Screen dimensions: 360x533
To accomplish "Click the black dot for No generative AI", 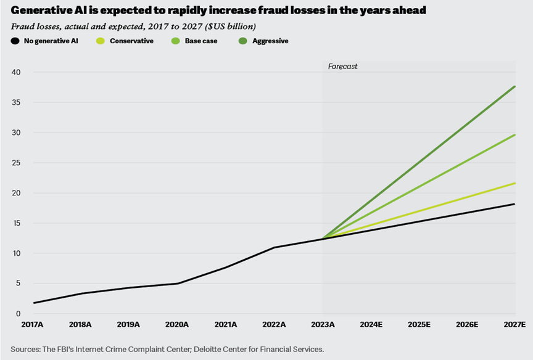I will [x=15, y=41].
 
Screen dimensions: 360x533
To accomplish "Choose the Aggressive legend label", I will [x=270, y=41].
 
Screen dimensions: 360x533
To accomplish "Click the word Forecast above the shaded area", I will [x=342, y=66].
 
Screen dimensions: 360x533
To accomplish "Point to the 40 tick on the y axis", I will [x=16, y=72].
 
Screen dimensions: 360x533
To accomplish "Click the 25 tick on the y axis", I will [x=16, y=163].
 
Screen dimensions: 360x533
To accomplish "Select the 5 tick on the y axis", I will [x=19, y=284].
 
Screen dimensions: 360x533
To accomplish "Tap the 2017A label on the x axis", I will [x=33, y=324].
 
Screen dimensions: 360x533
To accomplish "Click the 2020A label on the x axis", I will [x=178, y=324].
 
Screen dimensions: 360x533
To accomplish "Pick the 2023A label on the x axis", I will [x=323, y=324].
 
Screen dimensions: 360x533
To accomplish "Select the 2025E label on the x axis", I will [x=419, y=324].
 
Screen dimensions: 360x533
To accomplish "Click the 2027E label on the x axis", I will [x=513, y=324].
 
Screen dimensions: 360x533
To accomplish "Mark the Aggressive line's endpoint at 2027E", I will [x=515, y=86].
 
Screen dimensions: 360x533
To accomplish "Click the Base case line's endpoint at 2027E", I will [x=515, y=134].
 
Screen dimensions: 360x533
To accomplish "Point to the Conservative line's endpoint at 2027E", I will [x=515, y=183].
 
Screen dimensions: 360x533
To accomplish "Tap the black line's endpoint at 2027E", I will [x=515, y=204].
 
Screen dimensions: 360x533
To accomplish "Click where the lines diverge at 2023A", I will [x=323, y=239].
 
